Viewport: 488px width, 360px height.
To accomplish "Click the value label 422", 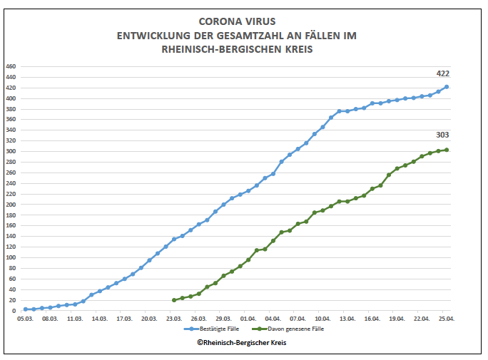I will [443, 73].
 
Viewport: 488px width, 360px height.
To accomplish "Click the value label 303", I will [443, 135].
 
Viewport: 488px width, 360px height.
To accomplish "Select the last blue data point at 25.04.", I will [447, 87].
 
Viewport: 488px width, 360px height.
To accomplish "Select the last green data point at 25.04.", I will [447, 150].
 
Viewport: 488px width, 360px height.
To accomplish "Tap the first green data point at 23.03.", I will [174, 300].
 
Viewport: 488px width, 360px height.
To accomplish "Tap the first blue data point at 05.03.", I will [26, 309].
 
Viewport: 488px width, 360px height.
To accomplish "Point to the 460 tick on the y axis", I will [10, 66].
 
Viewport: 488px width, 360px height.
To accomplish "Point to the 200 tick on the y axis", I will [10, 205].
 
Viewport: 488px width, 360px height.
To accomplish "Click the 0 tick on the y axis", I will [14, 311].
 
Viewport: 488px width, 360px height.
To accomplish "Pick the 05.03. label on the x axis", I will [26, 319].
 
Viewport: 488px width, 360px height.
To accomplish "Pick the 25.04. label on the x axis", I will [447, 319].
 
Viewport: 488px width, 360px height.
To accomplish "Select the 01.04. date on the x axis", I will [249, 319].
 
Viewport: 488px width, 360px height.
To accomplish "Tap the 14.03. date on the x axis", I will [100, 319].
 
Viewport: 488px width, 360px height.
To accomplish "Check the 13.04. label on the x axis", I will [347, 319].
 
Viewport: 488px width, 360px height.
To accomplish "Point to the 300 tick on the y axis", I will [10, 152].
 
